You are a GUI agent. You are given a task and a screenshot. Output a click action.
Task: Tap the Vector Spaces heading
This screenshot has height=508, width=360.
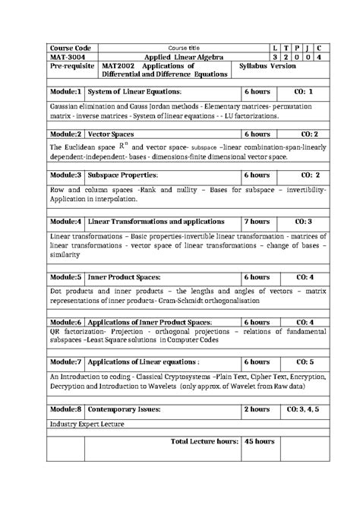[112, 134]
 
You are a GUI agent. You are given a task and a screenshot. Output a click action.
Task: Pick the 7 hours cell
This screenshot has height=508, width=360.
[256, 221]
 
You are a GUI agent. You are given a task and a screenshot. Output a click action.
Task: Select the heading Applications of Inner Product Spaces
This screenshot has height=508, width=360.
[154, 322]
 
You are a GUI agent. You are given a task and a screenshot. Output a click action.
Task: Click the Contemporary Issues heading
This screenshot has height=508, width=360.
[125, 409]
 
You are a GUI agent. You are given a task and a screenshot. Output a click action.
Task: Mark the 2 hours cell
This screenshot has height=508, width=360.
[256, 409]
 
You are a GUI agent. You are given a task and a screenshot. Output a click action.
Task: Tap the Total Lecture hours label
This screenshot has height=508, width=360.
[205, 440]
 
